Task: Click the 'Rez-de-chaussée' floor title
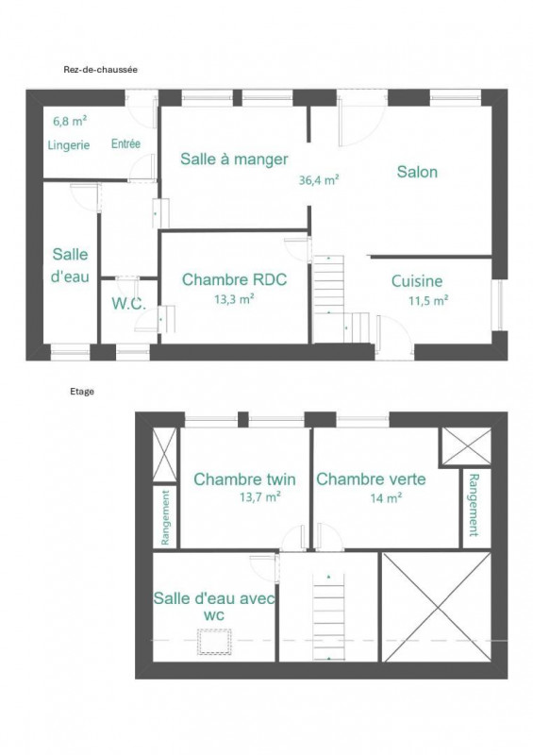tap(101, 70)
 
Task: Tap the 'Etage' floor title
tap(82, 392)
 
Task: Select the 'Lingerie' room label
tap(69, 145)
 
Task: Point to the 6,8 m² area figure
tap(70, 121)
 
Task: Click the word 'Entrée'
tap(125, 143)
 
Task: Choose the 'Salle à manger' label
tap(234, 159)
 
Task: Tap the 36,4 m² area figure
tap(319, 180)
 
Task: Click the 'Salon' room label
tap(417, 172)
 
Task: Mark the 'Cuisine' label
tap(417, 280)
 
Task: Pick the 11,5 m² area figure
tap(428, 301)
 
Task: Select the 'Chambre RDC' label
tap(235, 279)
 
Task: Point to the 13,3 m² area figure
tap(234, 299)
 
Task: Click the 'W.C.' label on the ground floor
tap(128, 303)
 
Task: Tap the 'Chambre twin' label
tap(244, 479)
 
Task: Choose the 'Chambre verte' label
tap(371, 479)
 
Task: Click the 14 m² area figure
tap(386, 498)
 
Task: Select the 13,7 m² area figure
tap(260, 496)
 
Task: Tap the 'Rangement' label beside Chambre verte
tap(474, 505)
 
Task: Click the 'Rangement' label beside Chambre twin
tap(165, 517)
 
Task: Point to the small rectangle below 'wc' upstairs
tap(214, 642)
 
